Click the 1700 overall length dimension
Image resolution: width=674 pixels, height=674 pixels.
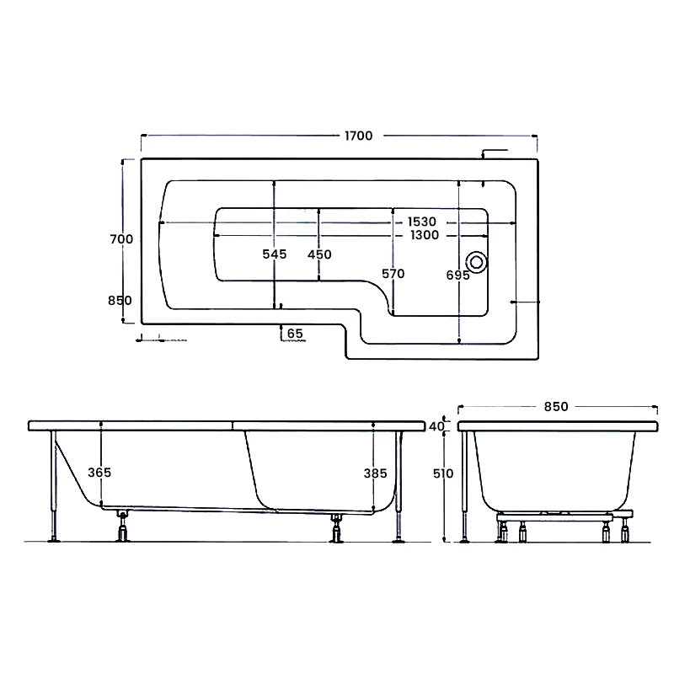(x=357, y=136)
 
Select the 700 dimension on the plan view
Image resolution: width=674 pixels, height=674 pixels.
(x=121, y=239)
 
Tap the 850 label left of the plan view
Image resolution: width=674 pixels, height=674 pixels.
(x=121, y=301)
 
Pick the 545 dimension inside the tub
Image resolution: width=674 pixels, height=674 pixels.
(x=275, y=254)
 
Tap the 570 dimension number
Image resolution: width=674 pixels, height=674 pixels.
(x=393, y=274)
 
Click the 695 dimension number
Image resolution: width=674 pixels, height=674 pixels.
(x=458, y=275)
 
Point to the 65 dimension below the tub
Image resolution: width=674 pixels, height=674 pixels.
(x=295, y=334)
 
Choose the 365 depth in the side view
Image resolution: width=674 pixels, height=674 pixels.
(x=99, y=473)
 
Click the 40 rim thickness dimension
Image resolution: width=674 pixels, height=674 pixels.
(x=436, y=426)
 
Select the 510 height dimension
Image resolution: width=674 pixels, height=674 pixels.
(x=442, y=473)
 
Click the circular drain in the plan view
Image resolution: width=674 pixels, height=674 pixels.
(x=476, y=262)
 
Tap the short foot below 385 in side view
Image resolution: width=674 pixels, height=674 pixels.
(x=338, y=528)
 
